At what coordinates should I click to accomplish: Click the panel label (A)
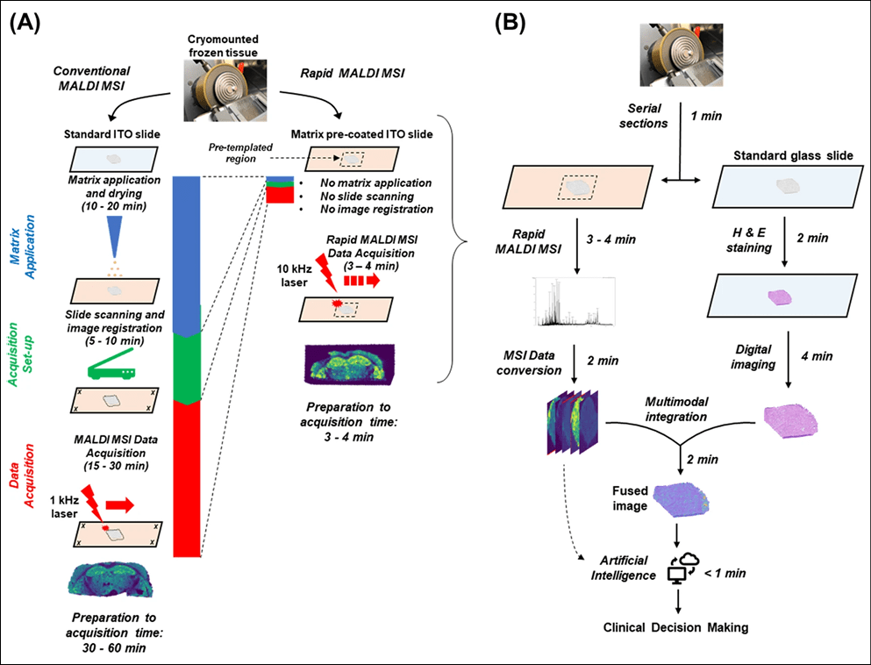[x=27, y=24]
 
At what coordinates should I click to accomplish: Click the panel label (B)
[x=510, y=24]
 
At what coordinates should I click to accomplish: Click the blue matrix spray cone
[x=113, y=234]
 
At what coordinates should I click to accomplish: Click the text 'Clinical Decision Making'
[x=676, y=628]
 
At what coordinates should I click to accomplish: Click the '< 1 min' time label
[x=725, y=572]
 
